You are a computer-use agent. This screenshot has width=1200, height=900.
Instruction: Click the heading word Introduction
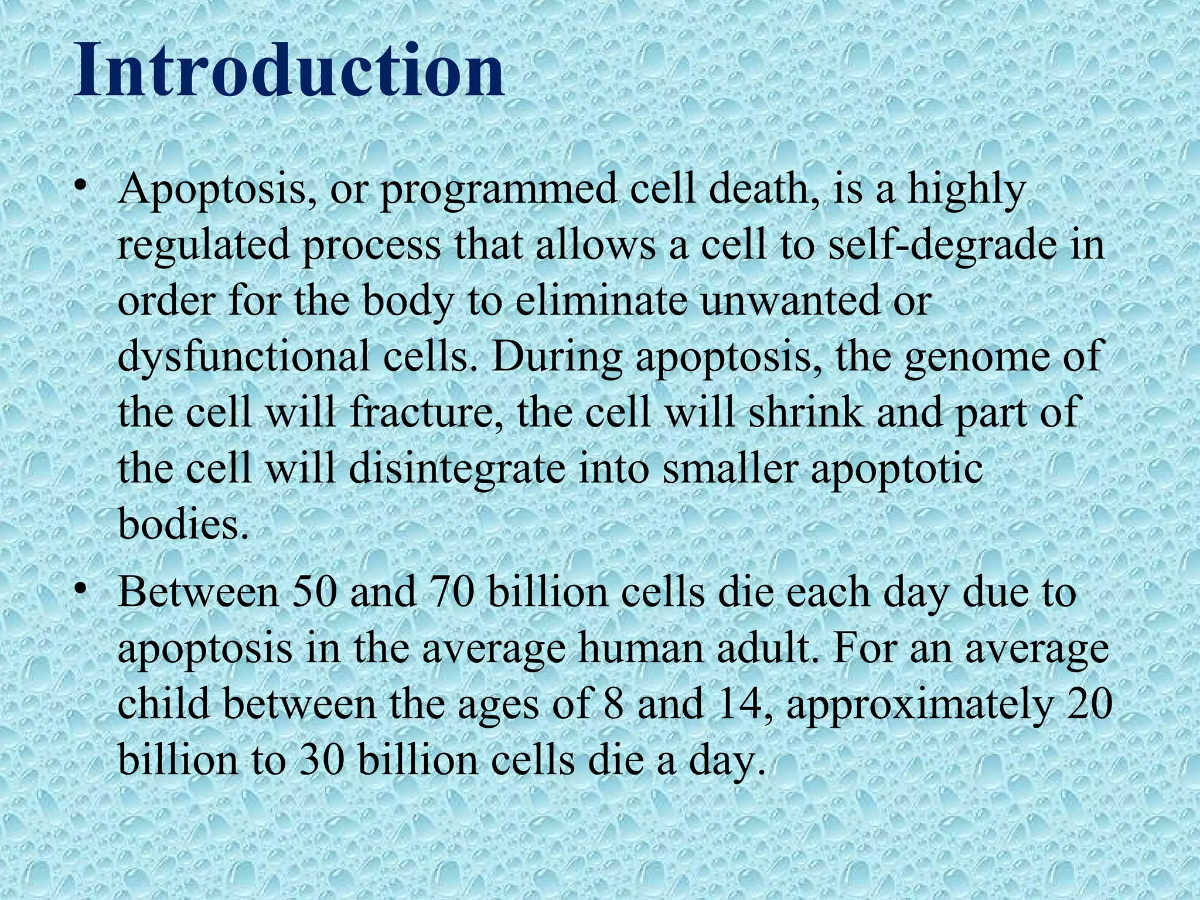coord(288,71)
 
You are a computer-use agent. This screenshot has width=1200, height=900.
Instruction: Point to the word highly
coord(967,191)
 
